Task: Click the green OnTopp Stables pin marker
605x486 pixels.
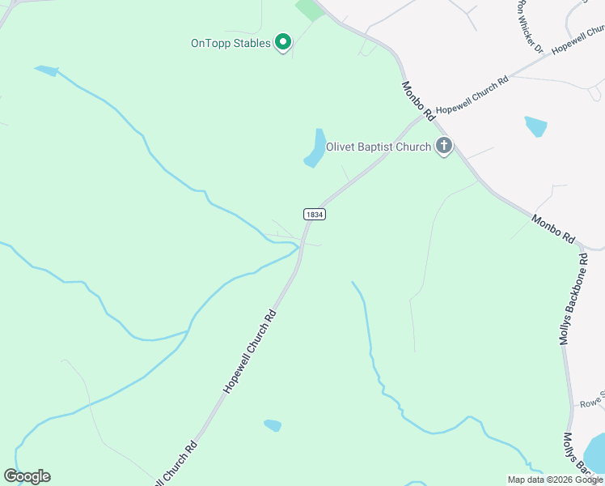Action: (283, 41)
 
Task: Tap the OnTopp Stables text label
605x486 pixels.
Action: (230, 43)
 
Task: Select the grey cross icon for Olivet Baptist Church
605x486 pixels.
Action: (443, 146)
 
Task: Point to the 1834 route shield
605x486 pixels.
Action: (315, 214)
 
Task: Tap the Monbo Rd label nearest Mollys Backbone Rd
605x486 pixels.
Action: (553, 229)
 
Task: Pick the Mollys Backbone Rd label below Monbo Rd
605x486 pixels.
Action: (569, 299)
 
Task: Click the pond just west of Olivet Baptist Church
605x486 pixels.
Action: (315, 148)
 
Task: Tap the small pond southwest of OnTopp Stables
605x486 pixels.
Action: (47, 70)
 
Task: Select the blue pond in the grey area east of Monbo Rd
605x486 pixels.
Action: (535, 126)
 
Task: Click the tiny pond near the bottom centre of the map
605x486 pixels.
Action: (273, 425)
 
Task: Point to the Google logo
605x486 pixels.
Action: (27, 476)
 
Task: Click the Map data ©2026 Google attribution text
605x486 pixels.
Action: (555, 480)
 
